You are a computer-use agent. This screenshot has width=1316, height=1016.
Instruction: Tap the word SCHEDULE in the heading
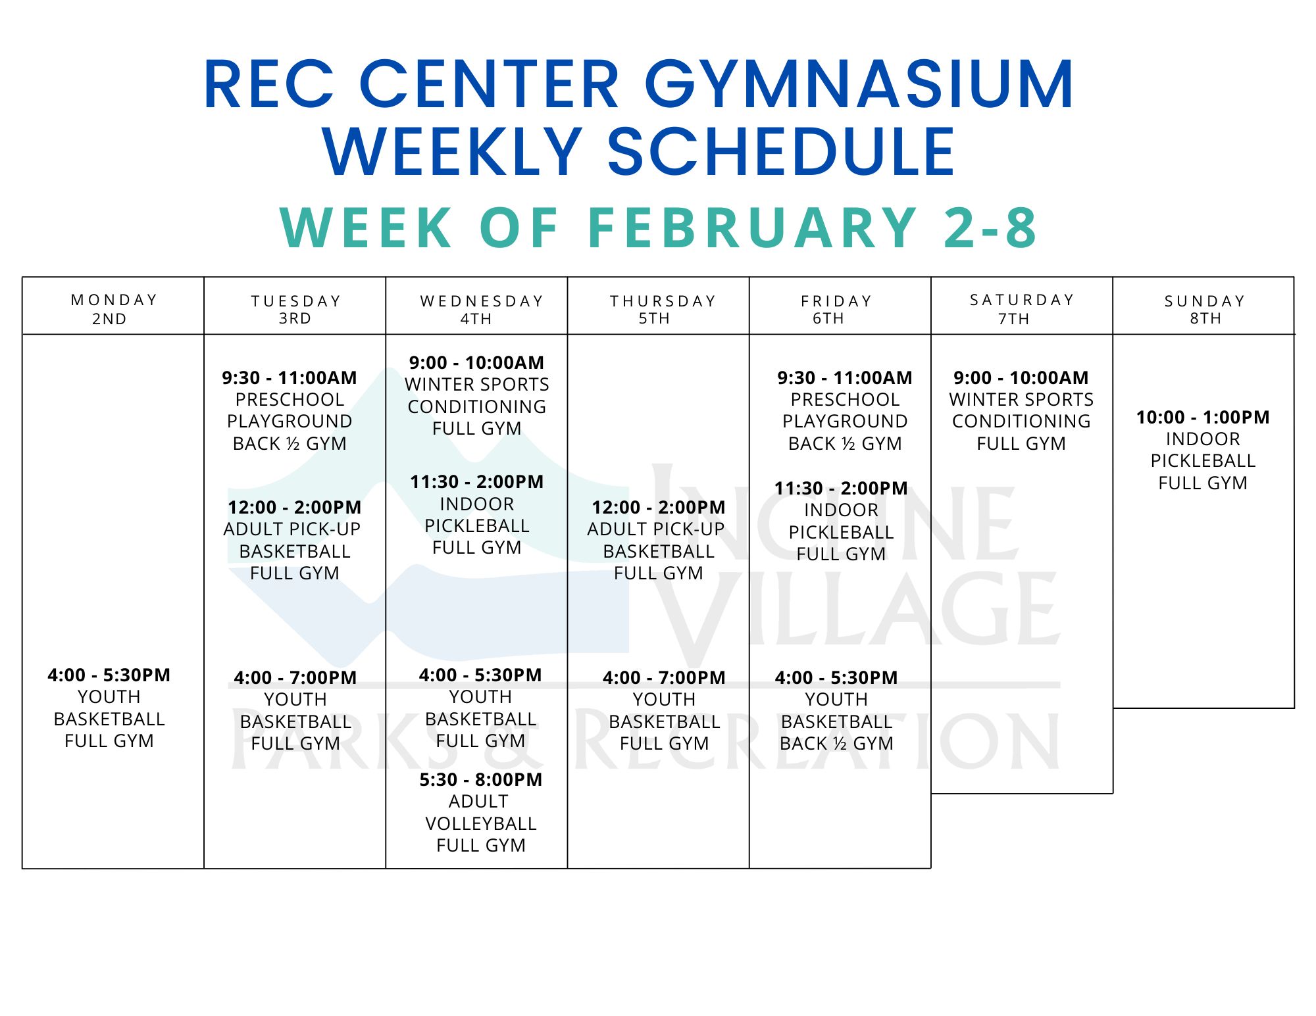tap(781, 151)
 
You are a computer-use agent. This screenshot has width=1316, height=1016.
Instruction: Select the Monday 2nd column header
tap(113, 309)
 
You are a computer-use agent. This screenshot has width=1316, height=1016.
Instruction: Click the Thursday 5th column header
tap(662, 309)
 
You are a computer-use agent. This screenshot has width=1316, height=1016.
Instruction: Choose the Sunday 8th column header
tap(1205, 309)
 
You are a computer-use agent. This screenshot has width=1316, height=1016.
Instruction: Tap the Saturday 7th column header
tap(1022, 309)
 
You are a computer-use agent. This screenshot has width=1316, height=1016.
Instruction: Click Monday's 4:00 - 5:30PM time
tap(109, 675)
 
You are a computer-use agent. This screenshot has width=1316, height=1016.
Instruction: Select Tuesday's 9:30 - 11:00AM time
tap(290, 378)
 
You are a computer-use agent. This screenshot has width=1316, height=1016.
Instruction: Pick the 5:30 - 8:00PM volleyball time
tap(481, 780)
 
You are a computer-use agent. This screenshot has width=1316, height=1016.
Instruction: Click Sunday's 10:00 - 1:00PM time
tap(1203, 418)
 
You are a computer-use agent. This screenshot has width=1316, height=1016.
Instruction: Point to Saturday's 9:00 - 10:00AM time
tap(1021, 378)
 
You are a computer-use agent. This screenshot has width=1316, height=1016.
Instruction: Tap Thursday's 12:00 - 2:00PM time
tap(659, 508)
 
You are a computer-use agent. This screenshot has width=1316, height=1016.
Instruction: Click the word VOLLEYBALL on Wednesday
tap(481, 824)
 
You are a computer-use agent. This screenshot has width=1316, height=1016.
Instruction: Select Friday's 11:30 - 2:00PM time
tap(841, 489)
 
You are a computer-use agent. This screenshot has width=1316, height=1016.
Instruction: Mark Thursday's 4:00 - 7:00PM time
tap(664, 678)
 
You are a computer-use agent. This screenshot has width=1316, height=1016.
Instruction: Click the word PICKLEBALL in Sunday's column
tap(1203, 461)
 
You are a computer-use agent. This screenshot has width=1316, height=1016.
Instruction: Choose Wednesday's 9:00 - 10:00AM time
tap(476, 363)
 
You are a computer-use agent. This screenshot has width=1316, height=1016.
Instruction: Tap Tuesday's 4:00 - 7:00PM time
tap(295, 678)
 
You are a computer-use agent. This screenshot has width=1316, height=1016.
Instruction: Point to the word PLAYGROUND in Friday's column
tap(845, 422)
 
